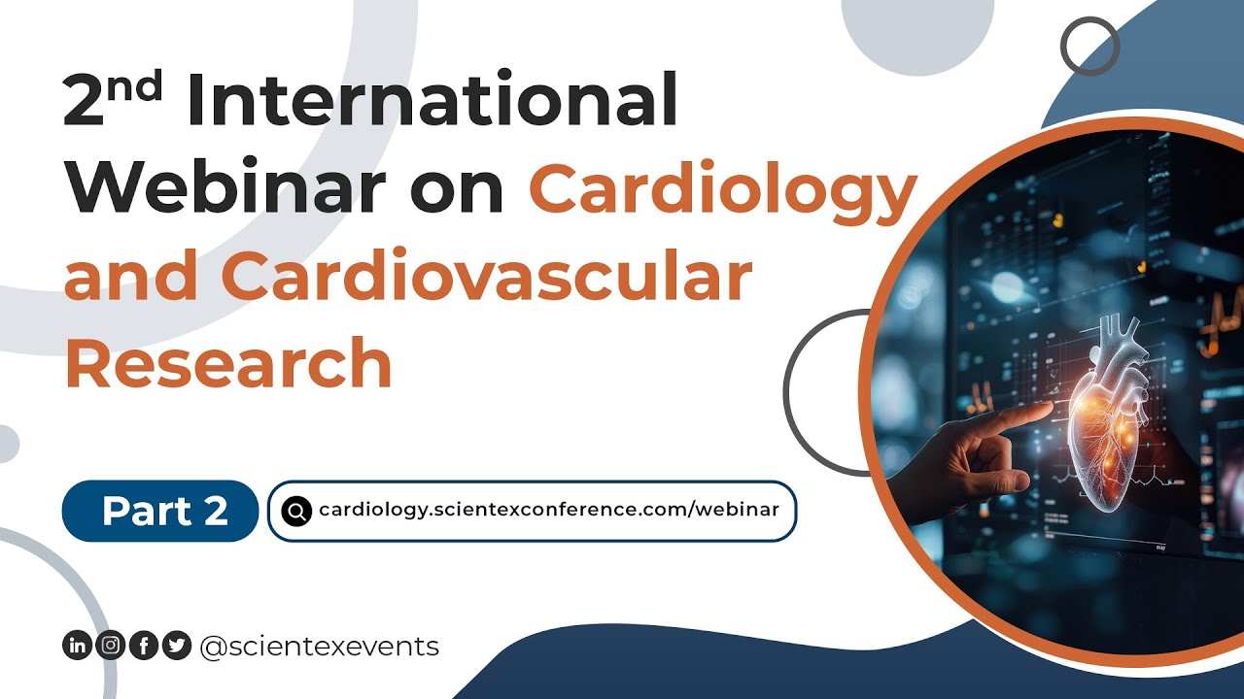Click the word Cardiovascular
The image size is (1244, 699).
pos(492,276)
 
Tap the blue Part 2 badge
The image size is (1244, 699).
pos(160,511)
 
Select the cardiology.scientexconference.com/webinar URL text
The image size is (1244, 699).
pos(548,510)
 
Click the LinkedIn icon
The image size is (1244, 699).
pos(77,646)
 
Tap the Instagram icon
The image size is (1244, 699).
pos(111,646)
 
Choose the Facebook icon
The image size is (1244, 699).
pos(143,646)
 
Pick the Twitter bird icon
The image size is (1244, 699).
pos(176,646)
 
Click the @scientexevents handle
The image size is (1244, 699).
pos(319,646)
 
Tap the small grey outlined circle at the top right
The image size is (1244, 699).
pos(1089,46)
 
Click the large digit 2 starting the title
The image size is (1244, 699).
pos(86,103)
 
